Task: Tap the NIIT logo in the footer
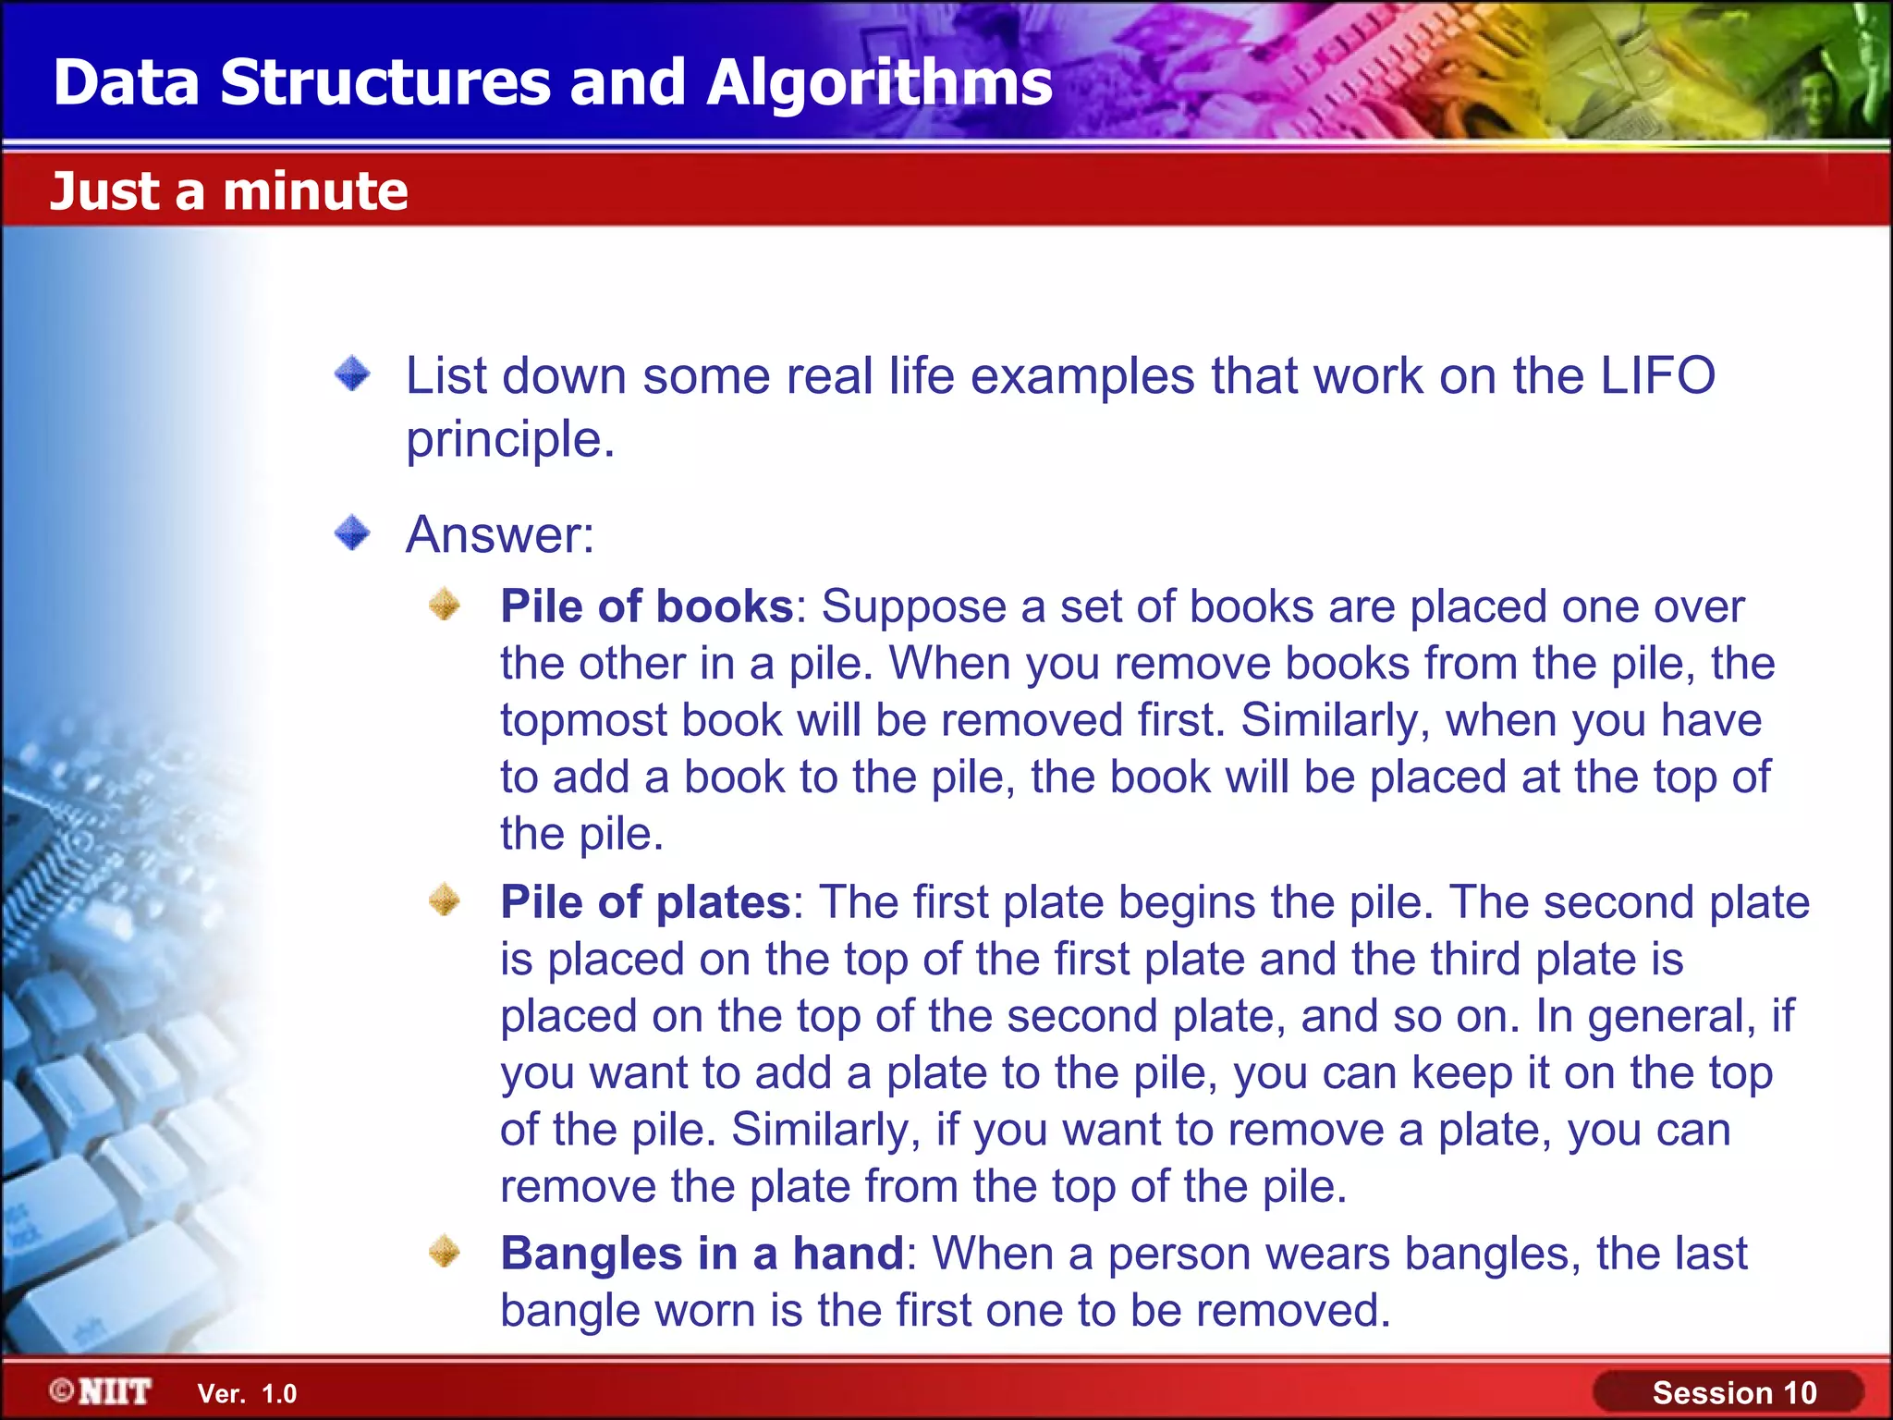click(x=102, y=1391)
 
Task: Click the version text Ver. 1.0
click(x=247, y=1393)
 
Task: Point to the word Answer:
click(x=500, y=534)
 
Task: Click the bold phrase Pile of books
click(x=647, y=606)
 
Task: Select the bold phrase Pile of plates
click(x=645, y=901)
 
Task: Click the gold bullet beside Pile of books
click(x=445, y=605)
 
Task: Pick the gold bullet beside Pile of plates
click(x=445, y=900)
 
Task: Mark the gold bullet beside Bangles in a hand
click(x=445, y=1252)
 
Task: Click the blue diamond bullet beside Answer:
click(x=352, y=533)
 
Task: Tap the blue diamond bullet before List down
click(x=352, y=374)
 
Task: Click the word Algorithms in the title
click(x=879, y=83)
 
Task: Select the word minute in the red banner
click(x=315, y=191)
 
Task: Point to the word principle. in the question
click(x=510, y=440)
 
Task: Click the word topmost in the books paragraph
click(x=583, y=720)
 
